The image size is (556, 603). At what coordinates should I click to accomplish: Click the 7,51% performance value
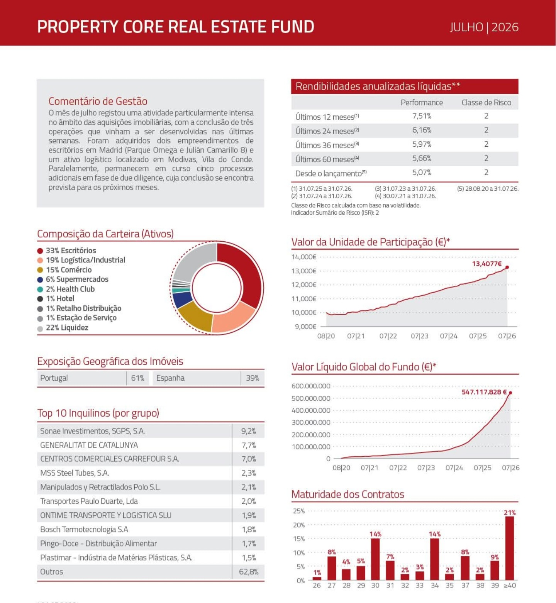422,116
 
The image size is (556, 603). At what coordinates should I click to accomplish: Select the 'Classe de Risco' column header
486,102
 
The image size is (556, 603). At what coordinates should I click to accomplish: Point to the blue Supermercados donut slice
182,299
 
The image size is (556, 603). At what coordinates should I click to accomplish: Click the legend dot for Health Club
40,289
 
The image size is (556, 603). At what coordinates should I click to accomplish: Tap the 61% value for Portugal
137,378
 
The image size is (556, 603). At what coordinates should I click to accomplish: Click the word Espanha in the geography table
170,378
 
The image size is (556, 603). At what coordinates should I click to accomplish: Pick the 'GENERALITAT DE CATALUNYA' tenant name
89,445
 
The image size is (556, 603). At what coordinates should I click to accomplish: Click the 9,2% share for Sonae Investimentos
249,431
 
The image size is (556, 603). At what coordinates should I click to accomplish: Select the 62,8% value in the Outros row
249,572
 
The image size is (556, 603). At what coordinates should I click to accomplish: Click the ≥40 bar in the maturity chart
510,548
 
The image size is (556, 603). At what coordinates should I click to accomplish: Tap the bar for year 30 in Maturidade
375,559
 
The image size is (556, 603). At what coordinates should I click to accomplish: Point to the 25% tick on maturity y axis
299,511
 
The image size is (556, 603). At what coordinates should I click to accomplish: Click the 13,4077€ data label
487,264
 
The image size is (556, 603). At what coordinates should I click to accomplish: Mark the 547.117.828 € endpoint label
484,392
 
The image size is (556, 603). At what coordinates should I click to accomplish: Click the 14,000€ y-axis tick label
304,257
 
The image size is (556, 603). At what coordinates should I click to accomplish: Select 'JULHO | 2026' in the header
484,27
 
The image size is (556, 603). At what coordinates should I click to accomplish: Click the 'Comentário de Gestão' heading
98,101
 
